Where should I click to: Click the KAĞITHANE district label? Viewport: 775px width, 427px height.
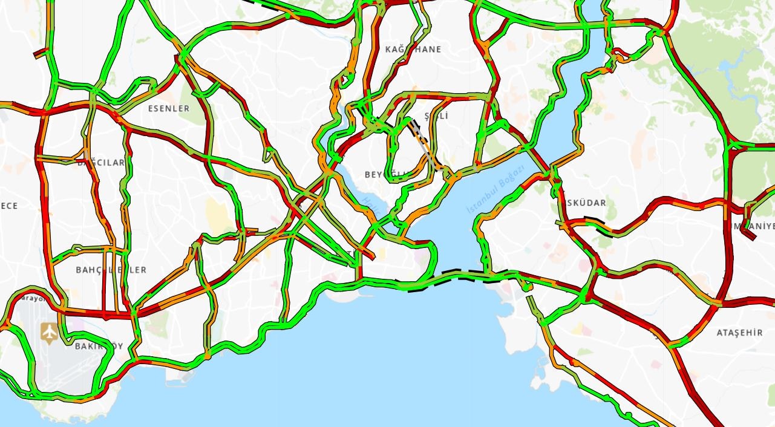point(413,49)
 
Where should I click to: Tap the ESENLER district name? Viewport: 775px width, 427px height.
point(169,108)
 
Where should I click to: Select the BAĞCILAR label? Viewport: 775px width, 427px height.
point(100,162)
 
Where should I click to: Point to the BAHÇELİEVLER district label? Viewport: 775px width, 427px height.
point(111,270)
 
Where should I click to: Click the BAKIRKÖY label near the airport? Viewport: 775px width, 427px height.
point(99,347)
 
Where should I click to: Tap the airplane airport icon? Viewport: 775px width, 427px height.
point(49,332)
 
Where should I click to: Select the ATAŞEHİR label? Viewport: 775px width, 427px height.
point(739,333)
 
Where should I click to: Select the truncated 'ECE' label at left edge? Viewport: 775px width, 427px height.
point(8,206)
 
